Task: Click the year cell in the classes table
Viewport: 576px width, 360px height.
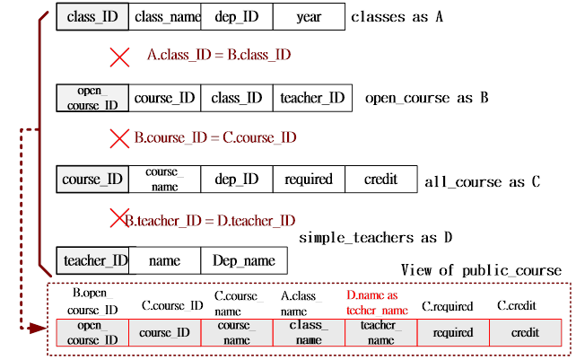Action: pyautogui.click(x=309, y=16)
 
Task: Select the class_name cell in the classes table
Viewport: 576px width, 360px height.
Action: pyautogui.click(x=164, y=16)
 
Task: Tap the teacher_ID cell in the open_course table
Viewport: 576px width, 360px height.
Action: pyautogui.click(x=312, y=98)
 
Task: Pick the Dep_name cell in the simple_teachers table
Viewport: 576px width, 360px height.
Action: pyautogui.click(x=244, y=260)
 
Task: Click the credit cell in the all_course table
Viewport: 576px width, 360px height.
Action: pyautogui.click(x=381, y=179)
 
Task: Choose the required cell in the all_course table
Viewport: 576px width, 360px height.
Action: pyautogui.click(x=309, y=179)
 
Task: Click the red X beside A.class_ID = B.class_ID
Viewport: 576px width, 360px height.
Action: pyautogui.click(x=119, y=57)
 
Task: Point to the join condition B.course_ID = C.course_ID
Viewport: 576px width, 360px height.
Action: pyautogui.click(x=215, y=137)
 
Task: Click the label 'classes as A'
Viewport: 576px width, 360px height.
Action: pyautogui.click(x=397, y=17)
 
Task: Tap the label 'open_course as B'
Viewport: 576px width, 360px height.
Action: pyautogui.click(x=427, y=98)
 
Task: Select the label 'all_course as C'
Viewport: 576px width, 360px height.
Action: pyautogui.click(x=483, y=182)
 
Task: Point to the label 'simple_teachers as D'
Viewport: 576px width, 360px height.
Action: pyautogui.click(x=375, y=238)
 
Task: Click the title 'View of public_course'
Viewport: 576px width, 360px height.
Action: pyautogui.click(x=481, y=270)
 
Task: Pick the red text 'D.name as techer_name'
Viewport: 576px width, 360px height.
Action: pyautogui.click(x=377, y=303)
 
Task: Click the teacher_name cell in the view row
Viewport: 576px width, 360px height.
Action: pyautogui.click(x=380, y=332)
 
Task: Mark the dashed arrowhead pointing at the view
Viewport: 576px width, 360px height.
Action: pyautogui.click(x=38, y=328)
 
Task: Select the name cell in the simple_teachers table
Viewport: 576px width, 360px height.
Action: pyautogui.click(x=164, y=260)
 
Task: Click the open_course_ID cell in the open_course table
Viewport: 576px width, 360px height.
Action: pyautogui.click(x=92, y=98)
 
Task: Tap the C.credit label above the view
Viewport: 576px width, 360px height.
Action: pyautogui.click(x=517, y=305)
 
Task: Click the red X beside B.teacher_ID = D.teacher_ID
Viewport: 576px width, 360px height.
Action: pyautogui.click(x=119, y=218)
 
